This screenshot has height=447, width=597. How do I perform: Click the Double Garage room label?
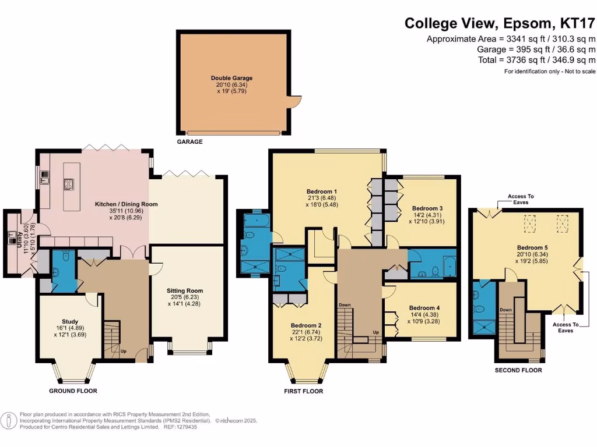point(231,78)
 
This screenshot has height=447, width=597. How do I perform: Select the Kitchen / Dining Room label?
point(127,204)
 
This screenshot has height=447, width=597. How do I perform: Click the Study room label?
point(70,321)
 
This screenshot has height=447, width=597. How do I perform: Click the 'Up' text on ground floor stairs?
point(123,352)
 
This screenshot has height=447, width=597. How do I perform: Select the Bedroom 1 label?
point(322,191)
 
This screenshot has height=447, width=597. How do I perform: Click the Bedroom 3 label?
point(427,208)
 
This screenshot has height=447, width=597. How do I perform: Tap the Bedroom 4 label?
point(424,308)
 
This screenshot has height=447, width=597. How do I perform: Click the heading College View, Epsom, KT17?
point(500,23)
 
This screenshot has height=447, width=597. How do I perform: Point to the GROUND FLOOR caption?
point(73,391)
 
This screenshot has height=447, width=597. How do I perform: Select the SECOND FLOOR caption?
point(518,370)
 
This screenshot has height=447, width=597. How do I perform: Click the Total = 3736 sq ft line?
point(536,60)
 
